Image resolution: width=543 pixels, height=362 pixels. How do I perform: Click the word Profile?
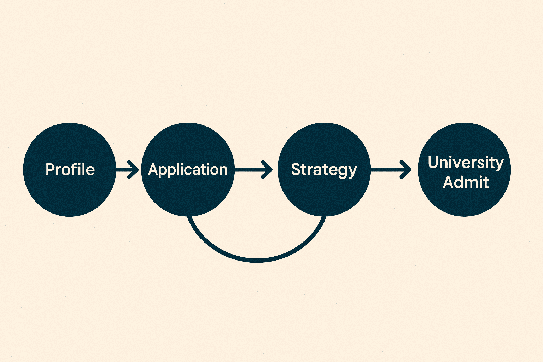click(70, 170)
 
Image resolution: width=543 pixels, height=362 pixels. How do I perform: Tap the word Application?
click(187, 170)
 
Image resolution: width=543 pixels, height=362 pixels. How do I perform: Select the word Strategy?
click(324, 170)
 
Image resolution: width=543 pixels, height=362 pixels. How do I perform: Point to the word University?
click(466, 163)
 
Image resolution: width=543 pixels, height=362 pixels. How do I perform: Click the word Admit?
click(466, 182)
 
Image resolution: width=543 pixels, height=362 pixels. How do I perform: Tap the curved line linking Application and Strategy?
click(257, 260)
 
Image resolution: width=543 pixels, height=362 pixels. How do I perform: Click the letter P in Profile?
click(50, 170)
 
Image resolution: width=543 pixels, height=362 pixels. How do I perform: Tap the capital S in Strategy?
click(296, 170)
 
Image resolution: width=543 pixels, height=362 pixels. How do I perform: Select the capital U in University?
click(433, 163)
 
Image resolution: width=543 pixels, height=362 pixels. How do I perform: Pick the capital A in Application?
click(153, 170)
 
